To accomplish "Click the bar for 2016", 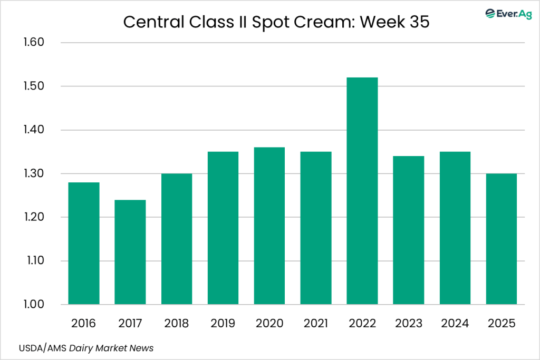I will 84,244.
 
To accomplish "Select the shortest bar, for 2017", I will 130,252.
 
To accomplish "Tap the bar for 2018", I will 177,239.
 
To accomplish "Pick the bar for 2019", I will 223,228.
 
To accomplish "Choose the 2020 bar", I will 269,226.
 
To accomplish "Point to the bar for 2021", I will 316,228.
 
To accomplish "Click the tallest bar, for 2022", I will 362,191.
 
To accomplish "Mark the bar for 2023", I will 409,230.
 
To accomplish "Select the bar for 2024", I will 455,228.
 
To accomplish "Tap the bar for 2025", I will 502,239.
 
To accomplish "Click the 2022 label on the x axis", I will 362,323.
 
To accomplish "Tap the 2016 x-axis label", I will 84,323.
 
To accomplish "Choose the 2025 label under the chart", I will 502,323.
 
